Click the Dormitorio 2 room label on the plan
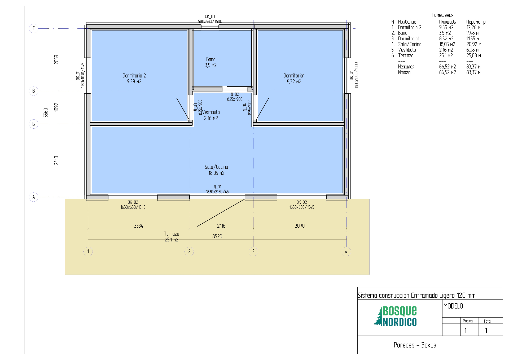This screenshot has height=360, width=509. point(134,79)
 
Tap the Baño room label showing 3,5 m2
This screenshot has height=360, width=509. point(211,62)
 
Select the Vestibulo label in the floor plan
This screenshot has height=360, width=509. point(211,115)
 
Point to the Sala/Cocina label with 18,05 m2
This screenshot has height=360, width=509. point(216,170)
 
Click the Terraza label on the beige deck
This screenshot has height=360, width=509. point(172,237)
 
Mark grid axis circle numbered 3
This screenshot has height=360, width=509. point(253,251)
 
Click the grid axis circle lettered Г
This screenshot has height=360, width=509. point(34,28)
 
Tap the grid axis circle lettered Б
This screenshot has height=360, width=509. point(34,124)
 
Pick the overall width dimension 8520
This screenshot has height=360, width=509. point(217,236)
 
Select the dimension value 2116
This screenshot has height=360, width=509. point(221,226)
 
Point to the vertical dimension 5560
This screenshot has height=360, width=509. point(46,112)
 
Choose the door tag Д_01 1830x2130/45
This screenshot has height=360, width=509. point(217,189)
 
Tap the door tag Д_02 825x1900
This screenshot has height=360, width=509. point(235,97)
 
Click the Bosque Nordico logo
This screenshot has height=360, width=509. point(395,316)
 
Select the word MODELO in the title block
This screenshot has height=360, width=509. point(454,306)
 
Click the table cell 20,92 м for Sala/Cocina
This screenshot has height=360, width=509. point(474,44)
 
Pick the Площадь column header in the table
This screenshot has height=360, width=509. point(447,22)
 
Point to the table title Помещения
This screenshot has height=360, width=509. point(442,15)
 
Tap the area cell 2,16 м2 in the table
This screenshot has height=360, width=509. point(446,50)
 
